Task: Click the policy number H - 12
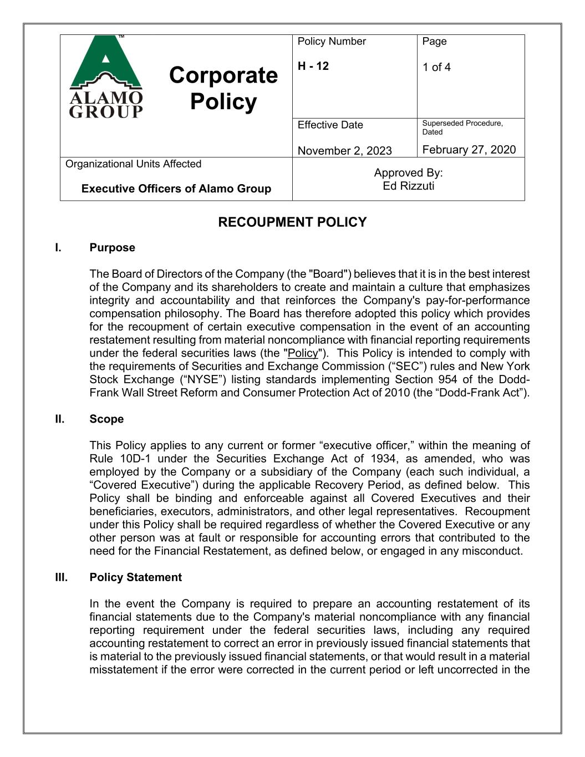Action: coord(313,66)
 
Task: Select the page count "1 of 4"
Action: coord(436,67)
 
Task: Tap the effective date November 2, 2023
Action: coord(344,150)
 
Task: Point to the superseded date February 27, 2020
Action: coord(469,149)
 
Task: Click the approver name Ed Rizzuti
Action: coord(408,186)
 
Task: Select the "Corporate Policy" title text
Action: coord(223,88)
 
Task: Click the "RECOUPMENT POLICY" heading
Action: coord(292,222)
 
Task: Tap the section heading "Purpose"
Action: coord(112,247)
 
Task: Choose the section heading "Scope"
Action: coord(106,419)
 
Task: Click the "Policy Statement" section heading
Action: coord(135,577)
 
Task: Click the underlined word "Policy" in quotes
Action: coord(303,353)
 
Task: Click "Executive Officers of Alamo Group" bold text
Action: coord(176,189)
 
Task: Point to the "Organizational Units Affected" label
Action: coord(133,164)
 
